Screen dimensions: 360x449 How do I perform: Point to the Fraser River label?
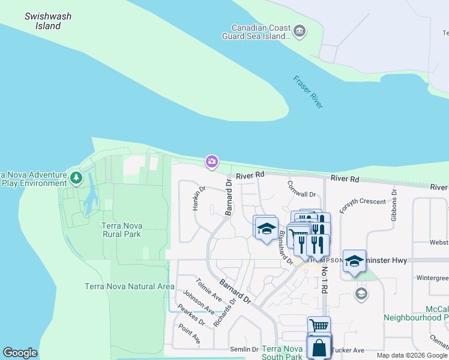pyautogui.click(x=309, y=92)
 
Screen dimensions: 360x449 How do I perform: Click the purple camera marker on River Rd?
pyautogui.click(x=211, y=161)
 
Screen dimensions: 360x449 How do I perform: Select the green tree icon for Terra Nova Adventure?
pyautogui.click(x=76, y=178)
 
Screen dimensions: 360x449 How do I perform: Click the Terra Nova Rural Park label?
pyautogui.click(x=121, y=230)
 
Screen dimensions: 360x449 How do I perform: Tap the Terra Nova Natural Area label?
pyautogui.click(x=130, y=286)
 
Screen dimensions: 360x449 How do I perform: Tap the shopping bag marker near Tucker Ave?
pyautogui.click(x=319, y=347)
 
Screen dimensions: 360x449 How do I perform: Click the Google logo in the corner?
pyautogui.click(x=20, y=353)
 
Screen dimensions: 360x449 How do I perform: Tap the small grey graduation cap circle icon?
pyautogui.click(x=361, y=293)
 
